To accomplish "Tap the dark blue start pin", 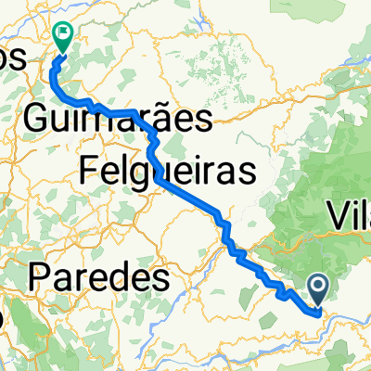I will [317, 288].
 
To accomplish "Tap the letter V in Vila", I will [337, 219].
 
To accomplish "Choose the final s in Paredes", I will [161, 275].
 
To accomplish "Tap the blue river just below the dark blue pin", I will [320, 313].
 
